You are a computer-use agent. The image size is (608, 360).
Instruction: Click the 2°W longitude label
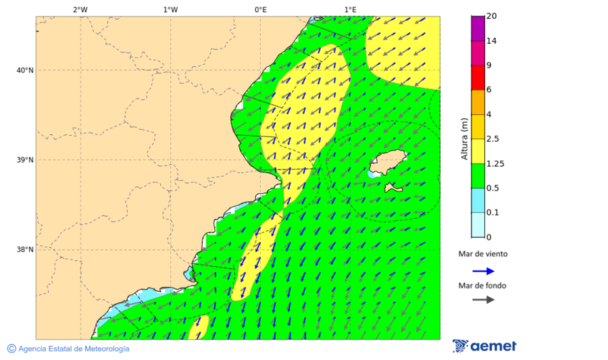click(80, 9)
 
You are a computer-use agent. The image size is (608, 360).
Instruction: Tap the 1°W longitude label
click(170, 9)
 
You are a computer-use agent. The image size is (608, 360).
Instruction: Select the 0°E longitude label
click(260, 9)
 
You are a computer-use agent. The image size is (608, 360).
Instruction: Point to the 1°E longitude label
click(350, 9)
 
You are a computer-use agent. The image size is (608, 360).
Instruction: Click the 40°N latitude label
click(24, 70)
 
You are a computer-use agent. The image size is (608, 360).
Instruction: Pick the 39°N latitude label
click(24, 160)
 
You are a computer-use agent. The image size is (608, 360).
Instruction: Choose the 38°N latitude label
click(24, 250)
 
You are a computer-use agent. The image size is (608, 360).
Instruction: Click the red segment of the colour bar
click(478, 77)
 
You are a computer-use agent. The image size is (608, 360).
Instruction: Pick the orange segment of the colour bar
click(478, 102)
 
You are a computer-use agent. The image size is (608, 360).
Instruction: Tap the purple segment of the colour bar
click(478, 28)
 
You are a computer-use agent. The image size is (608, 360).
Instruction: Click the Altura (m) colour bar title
click(464, 138)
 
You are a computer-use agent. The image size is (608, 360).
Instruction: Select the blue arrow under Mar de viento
click(483, 271)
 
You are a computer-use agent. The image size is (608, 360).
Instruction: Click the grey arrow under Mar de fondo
click(483, 300)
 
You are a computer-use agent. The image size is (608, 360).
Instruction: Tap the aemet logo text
click(493, 346)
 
